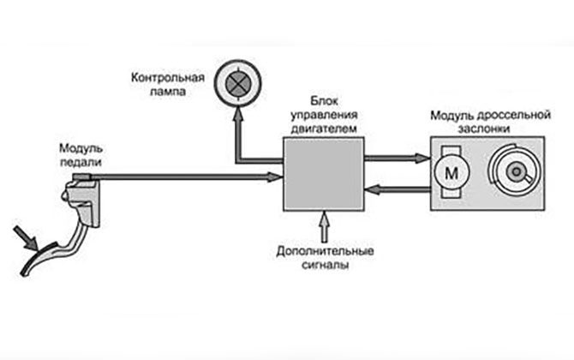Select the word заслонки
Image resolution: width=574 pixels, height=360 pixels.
(x=485, y=129)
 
